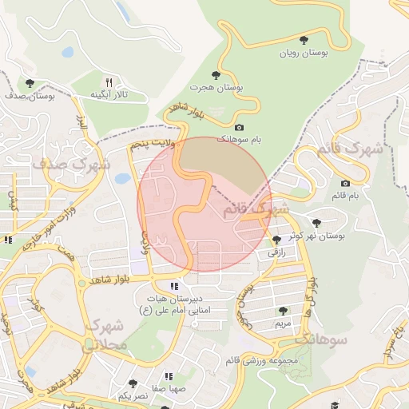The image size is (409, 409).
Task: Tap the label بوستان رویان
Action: click(x=303, y=54)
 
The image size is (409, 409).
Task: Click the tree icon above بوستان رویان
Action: click(x=303, y=39)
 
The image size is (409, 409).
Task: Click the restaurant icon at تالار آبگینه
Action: click(x=109, y=81)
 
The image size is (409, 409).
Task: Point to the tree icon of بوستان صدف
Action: click(x=30, y=82)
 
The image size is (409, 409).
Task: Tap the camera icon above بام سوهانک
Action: click(x=239, y=127)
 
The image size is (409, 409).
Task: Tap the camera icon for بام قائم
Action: click(x=345, y=183)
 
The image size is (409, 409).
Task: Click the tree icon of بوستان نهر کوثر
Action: click(x=317, y=223)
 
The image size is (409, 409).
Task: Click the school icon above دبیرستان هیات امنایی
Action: click(x=174, y=285)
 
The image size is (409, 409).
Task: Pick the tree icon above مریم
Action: click(x=282, y=311)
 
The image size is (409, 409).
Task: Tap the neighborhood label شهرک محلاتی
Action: click(x=105, y=336)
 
